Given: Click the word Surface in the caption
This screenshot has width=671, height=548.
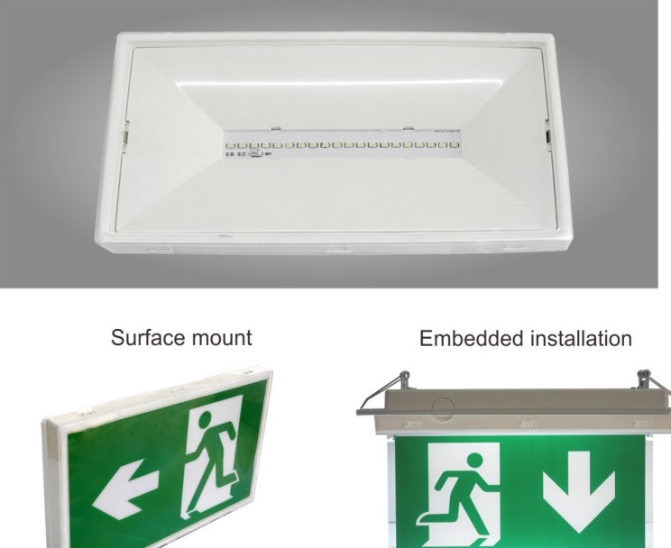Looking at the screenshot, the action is [148, 337].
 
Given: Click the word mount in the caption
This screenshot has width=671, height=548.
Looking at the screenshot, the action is [222, 338].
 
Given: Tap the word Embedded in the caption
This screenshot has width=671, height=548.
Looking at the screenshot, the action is [472, 338].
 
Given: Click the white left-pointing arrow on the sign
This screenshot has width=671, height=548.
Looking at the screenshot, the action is [124, 489].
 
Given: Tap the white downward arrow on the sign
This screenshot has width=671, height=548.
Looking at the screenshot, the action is [579, 486].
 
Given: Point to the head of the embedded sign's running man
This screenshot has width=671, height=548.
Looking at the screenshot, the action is [475, 461].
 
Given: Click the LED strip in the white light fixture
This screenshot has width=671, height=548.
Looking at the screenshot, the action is [343, 144].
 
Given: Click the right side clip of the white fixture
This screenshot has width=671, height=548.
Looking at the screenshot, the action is [547, 135].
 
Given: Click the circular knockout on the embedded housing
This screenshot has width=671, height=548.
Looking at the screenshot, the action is [442, 408].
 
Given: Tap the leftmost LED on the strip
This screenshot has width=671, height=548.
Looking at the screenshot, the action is [229, 146].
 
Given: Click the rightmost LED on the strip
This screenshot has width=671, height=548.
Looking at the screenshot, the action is [455, 145].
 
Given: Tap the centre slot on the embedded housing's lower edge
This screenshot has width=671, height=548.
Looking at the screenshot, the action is [527, 424].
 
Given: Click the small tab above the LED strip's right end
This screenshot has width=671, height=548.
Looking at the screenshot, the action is [409, 127].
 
